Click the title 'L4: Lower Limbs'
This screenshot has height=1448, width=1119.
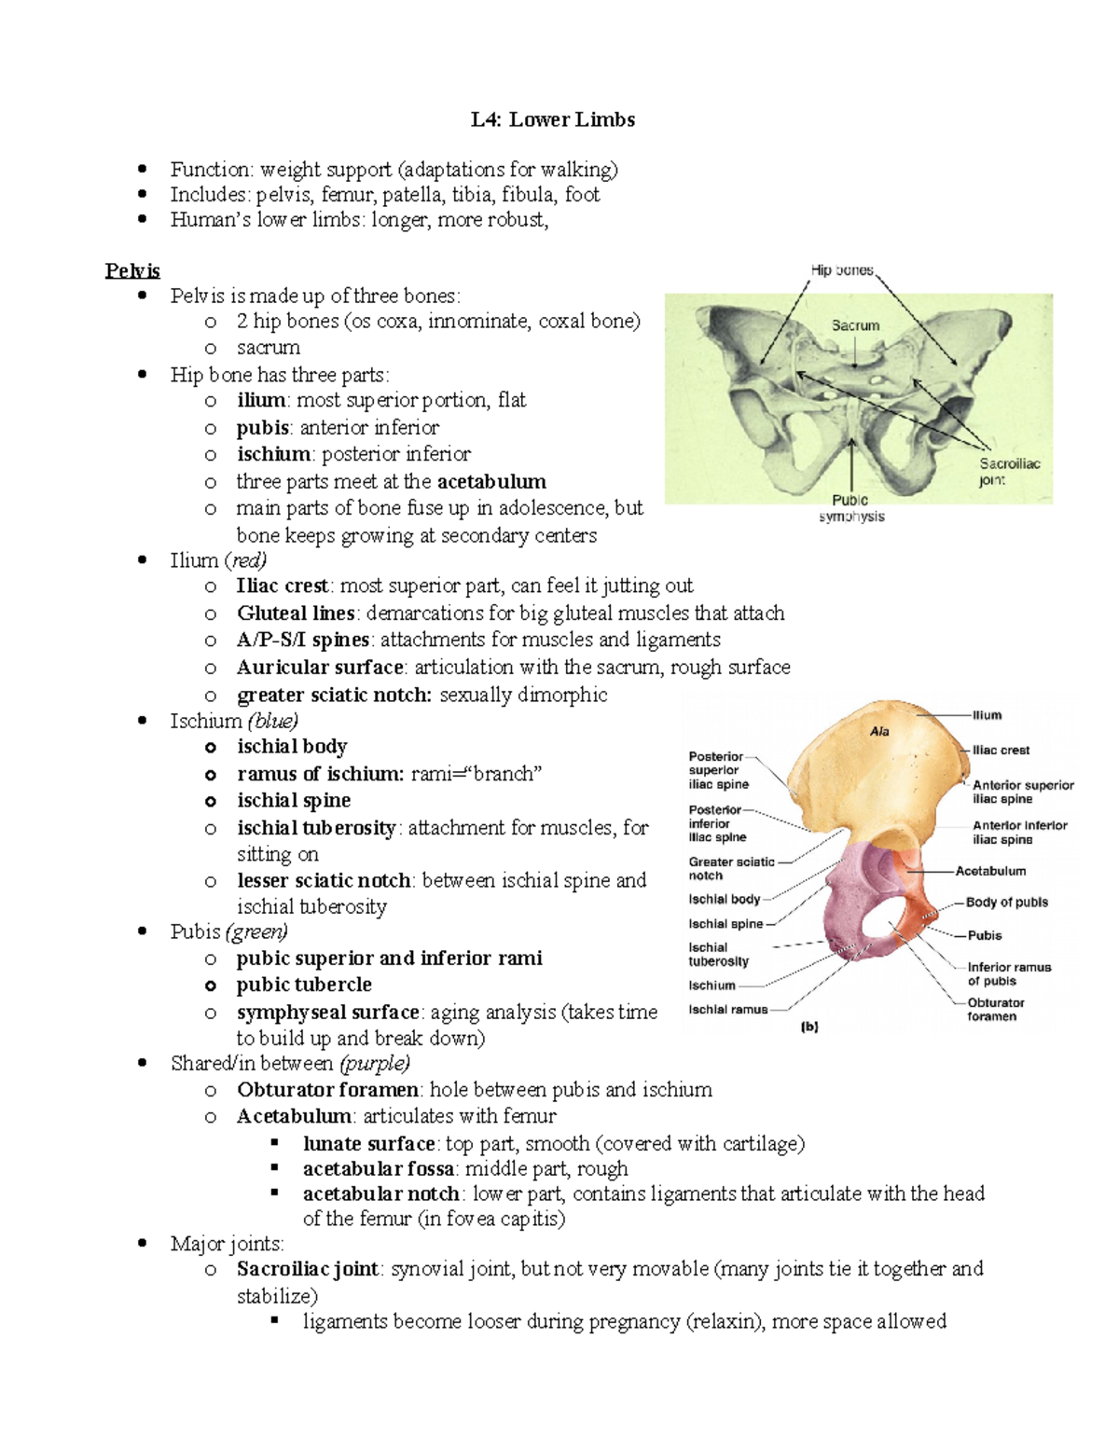(552, 119)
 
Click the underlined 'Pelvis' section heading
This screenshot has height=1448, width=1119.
(131, 270)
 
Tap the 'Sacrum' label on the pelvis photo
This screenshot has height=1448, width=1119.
(855, 325)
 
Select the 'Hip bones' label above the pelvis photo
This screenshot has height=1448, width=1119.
(842, 270)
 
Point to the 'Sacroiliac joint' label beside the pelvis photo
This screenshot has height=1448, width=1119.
(1008, 472)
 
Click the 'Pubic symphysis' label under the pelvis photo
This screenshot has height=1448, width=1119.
(851, 508)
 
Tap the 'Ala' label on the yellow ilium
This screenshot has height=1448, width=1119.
(879, 732)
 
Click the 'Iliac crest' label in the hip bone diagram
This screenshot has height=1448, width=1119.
(1001, 750)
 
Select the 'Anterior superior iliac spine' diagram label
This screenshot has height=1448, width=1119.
(1022, 792)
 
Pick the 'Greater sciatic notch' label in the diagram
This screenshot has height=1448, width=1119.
(730, 868)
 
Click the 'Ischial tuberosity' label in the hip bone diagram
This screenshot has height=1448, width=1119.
(718, 954)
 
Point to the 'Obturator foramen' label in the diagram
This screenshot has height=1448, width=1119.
(995, 1009)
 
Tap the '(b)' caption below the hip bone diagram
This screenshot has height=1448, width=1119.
(808, 1027)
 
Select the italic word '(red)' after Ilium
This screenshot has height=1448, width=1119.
(245, 559)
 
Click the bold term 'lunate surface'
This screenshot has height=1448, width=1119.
(368, 1143)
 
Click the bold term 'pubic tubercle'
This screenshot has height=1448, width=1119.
(304, 985)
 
